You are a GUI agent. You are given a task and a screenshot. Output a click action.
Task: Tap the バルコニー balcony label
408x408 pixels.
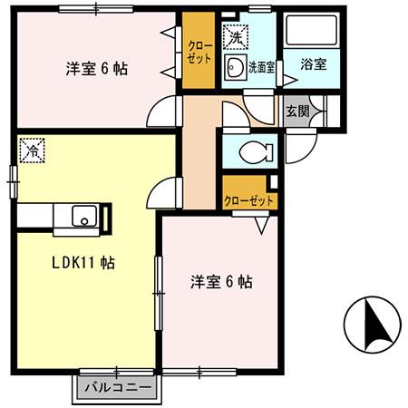tap(114, 388)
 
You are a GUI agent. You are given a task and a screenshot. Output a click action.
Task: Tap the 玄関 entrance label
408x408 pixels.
tap(297, 112)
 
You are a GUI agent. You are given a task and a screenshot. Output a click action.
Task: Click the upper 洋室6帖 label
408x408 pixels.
tap(94, 68)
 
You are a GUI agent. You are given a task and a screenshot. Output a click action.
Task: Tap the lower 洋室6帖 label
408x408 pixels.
tap(221, 282)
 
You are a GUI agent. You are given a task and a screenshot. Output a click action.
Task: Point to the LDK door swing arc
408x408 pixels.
tap(164, 192)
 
